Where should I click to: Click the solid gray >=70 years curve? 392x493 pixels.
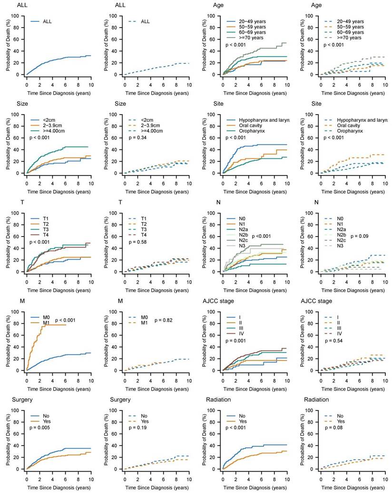click(257, 52)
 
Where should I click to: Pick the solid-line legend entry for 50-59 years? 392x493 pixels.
click(245, 28)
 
